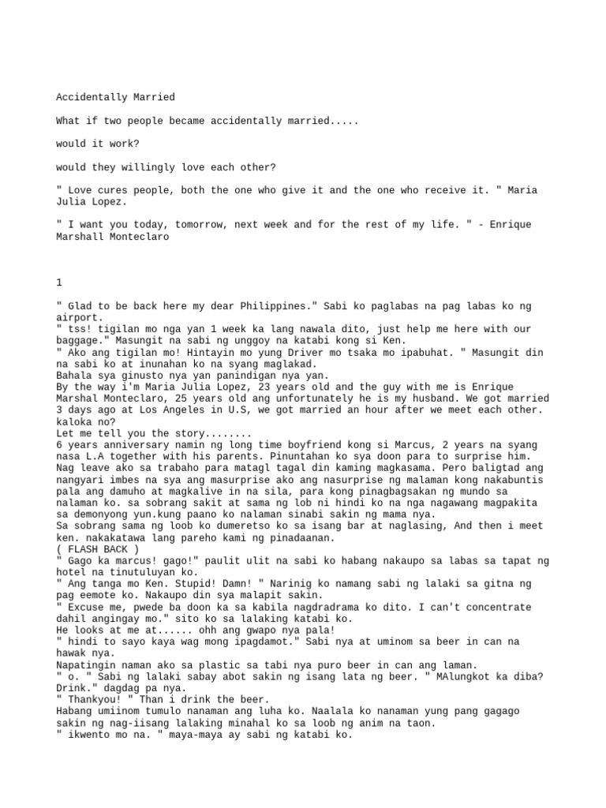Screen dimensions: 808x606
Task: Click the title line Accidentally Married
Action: click(115, 98)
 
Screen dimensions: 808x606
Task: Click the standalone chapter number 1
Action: click(59, 282)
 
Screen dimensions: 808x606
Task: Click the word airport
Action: click(79, 316)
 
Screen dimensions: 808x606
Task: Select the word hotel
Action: click(71, 571)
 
